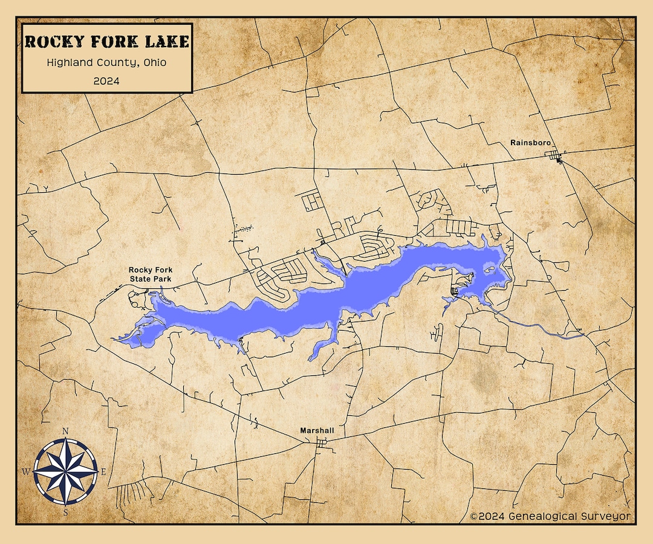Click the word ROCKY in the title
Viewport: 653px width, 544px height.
point(51,42)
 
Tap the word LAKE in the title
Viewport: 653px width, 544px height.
point(164,42)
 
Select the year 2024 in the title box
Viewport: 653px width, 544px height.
point(106,80)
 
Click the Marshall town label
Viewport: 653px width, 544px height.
point(317,431)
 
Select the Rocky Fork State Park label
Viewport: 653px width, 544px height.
point(150,274)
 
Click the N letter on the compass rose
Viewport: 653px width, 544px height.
point(65,431)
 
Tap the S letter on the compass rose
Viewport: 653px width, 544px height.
point(65,512)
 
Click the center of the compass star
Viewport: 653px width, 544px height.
point(65,471)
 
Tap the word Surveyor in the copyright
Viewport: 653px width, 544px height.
point(606,516)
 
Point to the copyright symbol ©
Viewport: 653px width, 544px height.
point(474,516)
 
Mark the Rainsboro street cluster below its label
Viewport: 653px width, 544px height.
point(556,158)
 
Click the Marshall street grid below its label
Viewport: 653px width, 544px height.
point(321,444)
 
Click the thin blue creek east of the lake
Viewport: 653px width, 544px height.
point(538,327)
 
